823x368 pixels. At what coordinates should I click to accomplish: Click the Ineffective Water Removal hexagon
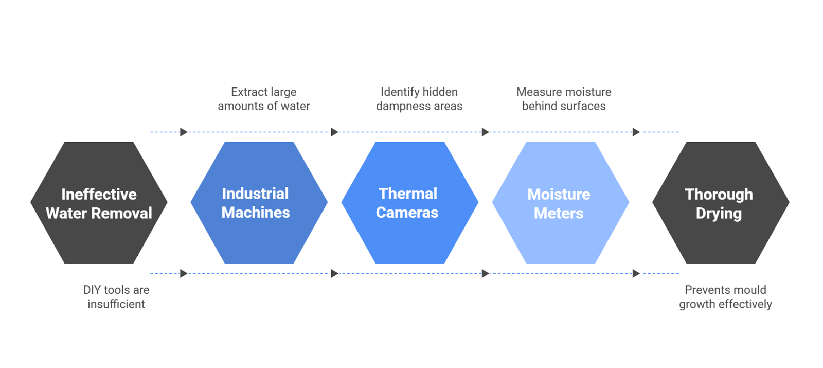pyautogui.click(x=99, y=203)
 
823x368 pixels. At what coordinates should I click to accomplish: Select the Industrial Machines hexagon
pyautogui.click(x=259, y=203)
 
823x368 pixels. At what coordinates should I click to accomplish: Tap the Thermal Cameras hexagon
pyautogui.click(x=409, y=203)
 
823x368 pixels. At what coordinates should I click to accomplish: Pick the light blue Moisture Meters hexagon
pyautogui.click(x=560, y=203)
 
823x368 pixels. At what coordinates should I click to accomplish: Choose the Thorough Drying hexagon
pyautogui.click(x=721, y=203)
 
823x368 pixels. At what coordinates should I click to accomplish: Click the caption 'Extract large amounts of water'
pyautogui.click(x=263, y=99)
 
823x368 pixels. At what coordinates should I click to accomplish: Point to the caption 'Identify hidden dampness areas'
pyautogui.click(x=419, y=99)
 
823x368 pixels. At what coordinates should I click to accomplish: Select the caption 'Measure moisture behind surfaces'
pyautogui.click(x=564, y=99)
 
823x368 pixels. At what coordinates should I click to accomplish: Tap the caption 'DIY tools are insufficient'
pyautogui.click(x=116, y=297)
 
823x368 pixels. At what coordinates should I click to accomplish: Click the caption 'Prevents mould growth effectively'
pyautogui.click(x=725, y=297)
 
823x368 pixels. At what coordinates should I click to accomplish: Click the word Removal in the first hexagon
pyautogui.click(x=127, y=213)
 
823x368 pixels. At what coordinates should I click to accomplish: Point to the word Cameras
pyautogui.click(x=407, y=213)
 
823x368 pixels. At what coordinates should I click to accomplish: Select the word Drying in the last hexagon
pyautogui.click(x=719, y=214)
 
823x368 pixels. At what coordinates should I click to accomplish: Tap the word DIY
pyautogui.click(x=92, y=290)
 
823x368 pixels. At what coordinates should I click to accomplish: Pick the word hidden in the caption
pyautogui.click(x=440, y=92)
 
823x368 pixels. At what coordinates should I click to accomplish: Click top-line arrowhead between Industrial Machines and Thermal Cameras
pyautogui.click(x=334, y=132)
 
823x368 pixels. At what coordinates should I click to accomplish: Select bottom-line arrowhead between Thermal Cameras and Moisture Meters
pyautogui.click(x=485, y=274)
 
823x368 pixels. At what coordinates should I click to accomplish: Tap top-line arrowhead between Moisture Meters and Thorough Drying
pyautogui.click(x=636, y=132)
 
